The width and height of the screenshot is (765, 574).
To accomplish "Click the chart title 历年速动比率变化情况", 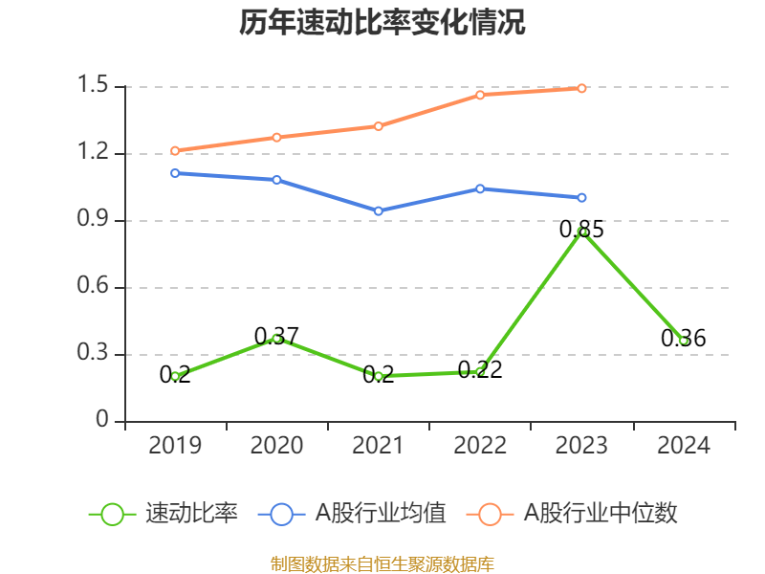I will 382,23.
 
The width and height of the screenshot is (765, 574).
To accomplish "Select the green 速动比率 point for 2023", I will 582,232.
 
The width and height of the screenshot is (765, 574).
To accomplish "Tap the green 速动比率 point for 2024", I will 684,341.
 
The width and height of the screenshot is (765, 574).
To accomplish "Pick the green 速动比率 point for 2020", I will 276,338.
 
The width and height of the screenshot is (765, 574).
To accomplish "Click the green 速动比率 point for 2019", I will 175,376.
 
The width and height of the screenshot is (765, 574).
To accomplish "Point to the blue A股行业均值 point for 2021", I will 379,210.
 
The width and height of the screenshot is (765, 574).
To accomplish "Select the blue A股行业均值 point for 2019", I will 175,173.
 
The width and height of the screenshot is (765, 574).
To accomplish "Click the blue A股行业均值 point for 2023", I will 582,197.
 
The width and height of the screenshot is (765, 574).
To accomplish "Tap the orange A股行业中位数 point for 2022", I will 480,95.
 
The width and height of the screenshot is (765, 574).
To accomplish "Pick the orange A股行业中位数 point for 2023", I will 582,88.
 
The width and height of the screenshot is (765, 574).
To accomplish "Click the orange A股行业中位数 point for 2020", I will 276,137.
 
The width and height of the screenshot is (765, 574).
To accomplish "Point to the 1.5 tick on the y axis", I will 96,87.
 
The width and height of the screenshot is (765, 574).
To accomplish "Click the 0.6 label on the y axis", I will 96,288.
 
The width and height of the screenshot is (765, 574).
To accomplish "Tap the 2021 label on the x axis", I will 379,446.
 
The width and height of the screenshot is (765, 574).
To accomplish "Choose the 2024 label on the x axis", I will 684,446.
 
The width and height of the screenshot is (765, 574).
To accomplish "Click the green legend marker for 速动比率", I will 113,514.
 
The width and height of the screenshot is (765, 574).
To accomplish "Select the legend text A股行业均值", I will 381,514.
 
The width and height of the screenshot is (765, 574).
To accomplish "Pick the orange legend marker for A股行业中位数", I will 491,514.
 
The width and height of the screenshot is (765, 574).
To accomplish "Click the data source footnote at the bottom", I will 382,563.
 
